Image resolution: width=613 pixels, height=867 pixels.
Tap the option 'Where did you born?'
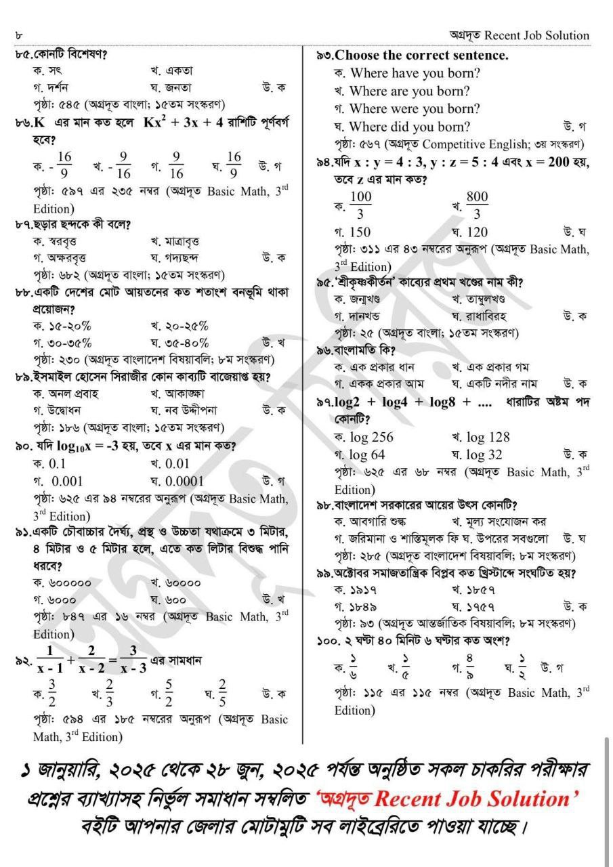[410, 127]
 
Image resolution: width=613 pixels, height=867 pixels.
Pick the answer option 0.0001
[182, 481]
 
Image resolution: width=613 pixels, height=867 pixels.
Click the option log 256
[372, 437]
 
